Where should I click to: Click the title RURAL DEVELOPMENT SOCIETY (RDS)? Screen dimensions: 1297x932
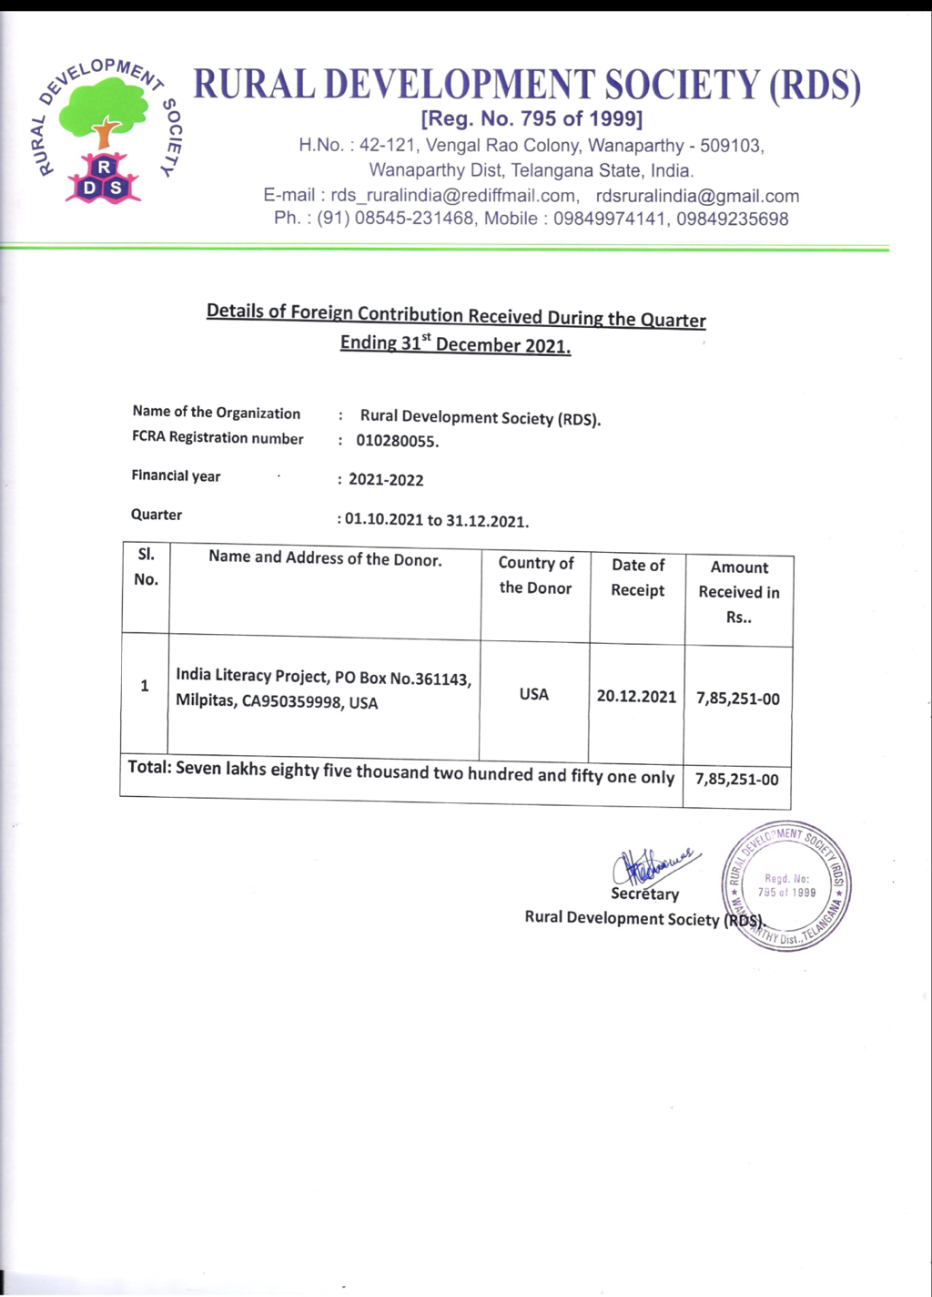click(527, 86)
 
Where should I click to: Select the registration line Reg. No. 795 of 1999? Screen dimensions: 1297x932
click(532, 119)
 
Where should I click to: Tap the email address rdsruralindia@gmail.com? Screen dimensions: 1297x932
click(697, 196)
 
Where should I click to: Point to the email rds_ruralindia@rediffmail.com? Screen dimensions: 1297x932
click(453, 196)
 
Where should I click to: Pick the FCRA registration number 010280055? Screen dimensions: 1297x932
click(397, 442)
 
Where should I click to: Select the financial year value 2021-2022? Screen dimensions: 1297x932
click(386, 480)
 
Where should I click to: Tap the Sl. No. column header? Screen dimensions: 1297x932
click(147, 567)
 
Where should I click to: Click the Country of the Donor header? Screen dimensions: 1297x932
click(536, 576)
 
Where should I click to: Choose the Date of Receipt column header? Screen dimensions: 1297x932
click(638, 577)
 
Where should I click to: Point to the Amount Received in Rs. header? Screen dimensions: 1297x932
click(739, 592)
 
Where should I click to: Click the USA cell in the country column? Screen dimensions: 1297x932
click(534, 694)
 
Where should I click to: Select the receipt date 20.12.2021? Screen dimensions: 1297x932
click(636, 697)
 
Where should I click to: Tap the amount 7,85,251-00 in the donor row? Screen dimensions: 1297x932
click(738, 699)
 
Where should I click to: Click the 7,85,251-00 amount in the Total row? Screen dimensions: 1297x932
click(737, 779)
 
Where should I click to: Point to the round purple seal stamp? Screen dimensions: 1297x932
click(786, 885)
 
